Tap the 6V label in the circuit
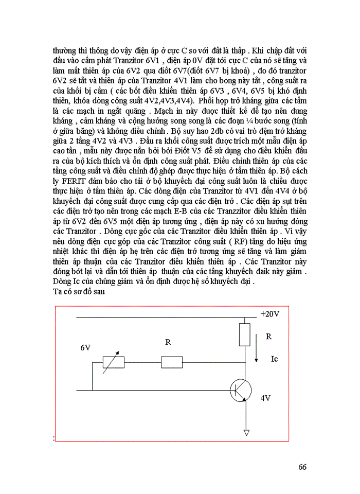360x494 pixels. click(85, 348)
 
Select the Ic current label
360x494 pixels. click(274, 359)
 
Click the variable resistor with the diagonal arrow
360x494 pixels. click(114, 362)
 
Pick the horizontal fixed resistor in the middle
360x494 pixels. click(172, 362)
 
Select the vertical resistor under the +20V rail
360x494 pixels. click(245, 334)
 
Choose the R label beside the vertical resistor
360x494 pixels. click(268, 337)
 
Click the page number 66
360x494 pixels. click(302, 467)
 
